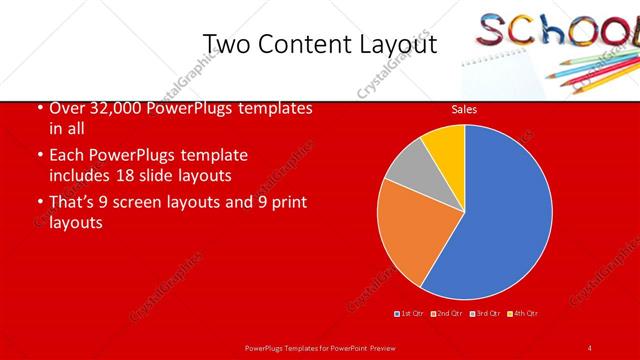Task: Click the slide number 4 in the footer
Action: point(590,348)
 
